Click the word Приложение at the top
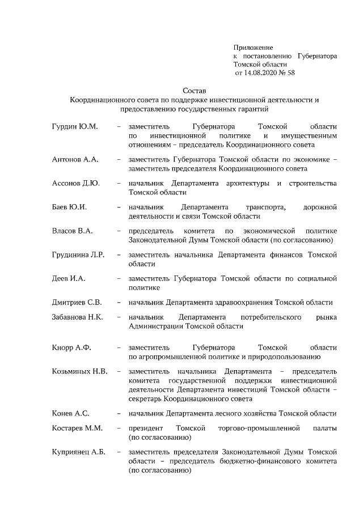coord(254,48)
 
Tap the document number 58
coord(291,73)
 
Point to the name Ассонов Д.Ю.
coord(76,184)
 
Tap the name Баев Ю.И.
coord(69,207)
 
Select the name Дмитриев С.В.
coord(77,302)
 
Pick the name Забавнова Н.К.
coord(77,317)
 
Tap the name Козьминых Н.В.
coord(79,372)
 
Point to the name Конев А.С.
coord(70,413)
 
